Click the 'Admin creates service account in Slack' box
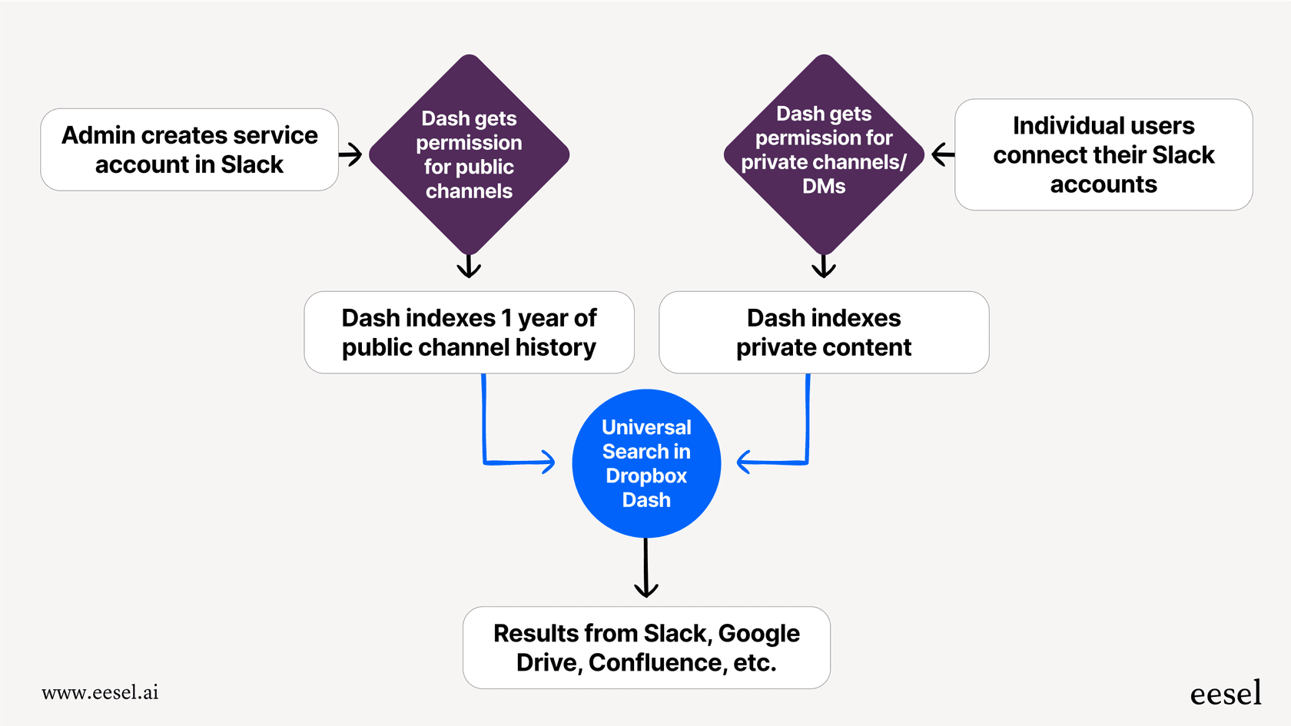[x=189, y=150]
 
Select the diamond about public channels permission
[x=469, y=154]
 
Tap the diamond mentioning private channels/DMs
[x=824, y=154]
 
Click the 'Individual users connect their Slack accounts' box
[x=1103, y=154]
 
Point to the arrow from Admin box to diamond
[x=350, y=154]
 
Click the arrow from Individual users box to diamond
[x=943, y=154]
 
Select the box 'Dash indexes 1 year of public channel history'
[x=469, y=332]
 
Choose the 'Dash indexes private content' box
[x=824, y=332]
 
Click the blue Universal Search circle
[x=646, y=463]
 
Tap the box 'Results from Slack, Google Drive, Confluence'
[x=646, y=648]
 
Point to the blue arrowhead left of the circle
[x=546, y=462]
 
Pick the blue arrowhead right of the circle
[x=745, y=462]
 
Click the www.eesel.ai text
[x=100, y=692]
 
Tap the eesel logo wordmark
[x=1225, y=694]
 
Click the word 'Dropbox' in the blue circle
[x=646, y=476]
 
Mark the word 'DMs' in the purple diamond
[x=824, y=187]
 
